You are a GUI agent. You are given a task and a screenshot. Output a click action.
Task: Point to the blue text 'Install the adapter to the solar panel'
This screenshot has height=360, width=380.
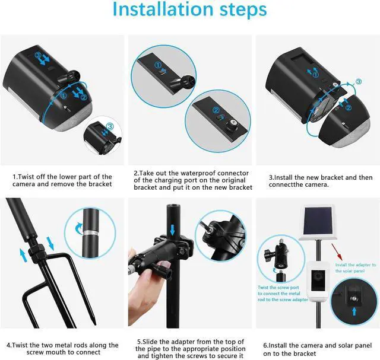coord(355,267)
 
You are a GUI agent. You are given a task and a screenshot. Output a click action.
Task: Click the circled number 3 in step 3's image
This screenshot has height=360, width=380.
coord(358,81)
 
